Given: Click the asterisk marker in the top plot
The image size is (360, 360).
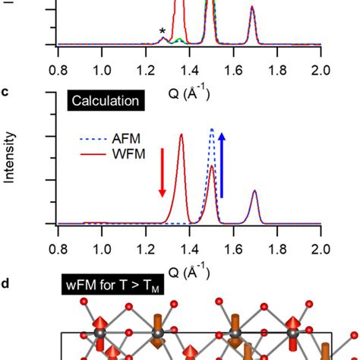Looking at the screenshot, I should pyautogui.click(x=162, y=31).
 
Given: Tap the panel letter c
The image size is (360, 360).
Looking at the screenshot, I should pyautogui.click(x=5, y=93).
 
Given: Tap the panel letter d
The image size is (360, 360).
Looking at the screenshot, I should pyautogui.click(x=5, y=284).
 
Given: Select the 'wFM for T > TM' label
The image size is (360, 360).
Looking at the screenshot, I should pyautogui.click(x=117, y=289).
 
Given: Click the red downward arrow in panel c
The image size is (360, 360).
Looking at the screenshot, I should pyautogui.click(x=162, y=185).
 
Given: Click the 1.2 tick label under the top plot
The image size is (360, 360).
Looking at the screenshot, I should pyautogui.click(x=146, y=71).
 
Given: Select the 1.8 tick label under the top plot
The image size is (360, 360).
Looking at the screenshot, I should pyautogui.click(x=278, y=71).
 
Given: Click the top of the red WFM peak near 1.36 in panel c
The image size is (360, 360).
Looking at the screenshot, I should pyautogui.click(x=181, y=134).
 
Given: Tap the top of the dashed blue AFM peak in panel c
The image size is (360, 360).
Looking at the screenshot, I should pyautogui.click(x=212, y=129).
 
